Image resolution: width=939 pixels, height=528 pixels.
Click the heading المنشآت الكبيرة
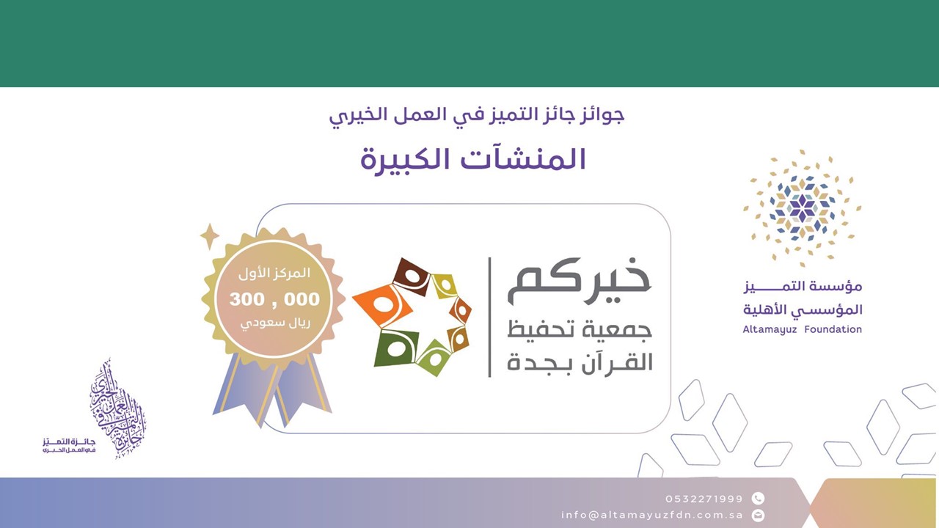(x=473, y=159)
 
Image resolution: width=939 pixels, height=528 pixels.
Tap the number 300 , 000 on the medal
(x=274, y=299)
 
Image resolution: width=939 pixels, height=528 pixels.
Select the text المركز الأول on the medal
(x=275, y=274)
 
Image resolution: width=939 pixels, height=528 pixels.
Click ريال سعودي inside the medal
(x=274, y=323)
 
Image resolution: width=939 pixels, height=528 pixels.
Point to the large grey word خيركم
(x=580, y=282)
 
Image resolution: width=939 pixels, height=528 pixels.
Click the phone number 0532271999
(x=704, y=499)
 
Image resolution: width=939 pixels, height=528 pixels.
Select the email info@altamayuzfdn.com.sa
(x=652, y=515)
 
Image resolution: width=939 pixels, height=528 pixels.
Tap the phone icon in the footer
(x=759, y=499)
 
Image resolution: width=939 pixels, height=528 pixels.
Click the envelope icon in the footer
(x=759, y=515)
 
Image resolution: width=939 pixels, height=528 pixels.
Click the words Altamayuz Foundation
(x=802, y=330)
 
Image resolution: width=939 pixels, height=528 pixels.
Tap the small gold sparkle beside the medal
(x=210, y=236)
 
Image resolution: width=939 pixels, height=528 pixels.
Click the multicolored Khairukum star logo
(x=412, y=317)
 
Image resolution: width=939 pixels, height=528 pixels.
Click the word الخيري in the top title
(x=357, y=115)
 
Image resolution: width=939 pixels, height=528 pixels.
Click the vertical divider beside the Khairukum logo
(x=489, y=317)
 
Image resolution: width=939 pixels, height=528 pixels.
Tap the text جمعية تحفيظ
(x=580, y=329)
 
